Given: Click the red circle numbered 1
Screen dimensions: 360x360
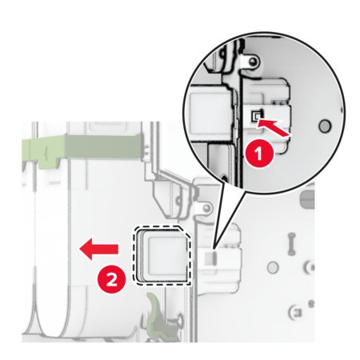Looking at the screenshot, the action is [259, 154].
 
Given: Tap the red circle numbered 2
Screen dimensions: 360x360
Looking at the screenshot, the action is [111, 281].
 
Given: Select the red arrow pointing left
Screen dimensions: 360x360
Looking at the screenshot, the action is [98, 249].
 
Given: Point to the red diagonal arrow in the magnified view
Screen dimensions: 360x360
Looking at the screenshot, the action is [274, 127].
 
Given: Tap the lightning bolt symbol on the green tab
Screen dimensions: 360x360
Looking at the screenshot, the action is [46, 155].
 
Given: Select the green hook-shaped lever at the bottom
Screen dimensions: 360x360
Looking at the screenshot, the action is [155, 310].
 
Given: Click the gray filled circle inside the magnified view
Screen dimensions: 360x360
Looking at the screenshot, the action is [325, 126].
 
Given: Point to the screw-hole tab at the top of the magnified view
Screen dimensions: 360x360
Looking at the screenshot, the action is [250, 62].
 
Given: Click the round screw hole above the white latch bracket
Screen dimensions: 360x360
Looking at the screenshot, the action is [206, 207].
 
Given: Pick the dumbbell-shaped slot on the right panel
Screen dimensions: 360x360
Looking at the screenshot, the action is [292, 243].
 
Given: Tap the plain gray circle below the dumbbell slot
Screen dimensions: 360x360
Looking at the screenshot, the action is [273, 266].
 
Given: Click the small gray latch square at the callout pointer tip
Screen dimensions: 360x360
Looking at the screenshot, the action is [210, 257].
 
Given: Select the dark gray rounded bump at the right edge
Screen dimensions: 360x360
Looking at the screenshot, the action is [307, 199].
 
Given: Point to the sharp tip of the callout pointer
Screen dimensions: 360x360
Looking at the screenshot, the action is [214, 250].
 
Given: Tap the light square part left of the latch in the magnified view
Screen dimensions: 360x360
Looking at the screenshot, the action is [210, 108].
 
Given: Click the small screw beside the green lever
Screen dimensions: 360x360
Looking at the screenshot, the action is [180, 318].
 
